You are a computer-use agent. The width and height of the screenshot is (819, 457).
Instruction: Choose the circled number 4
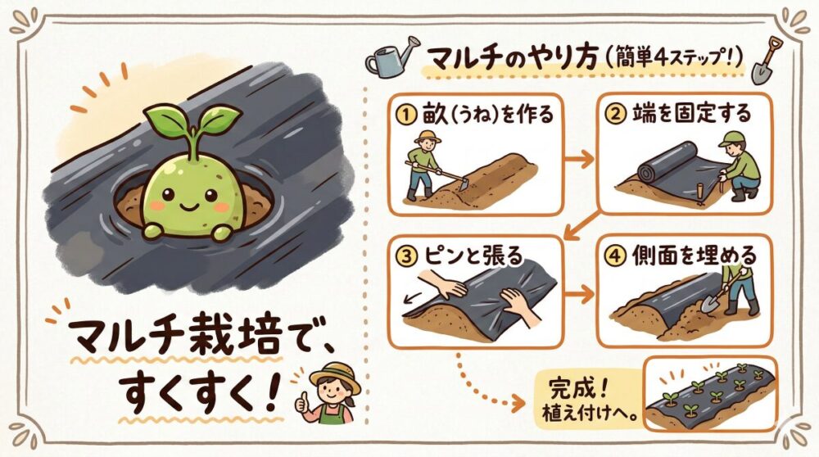(615, 256)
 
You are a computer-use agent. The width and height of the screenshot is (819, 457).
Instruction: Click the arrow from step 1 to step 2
(581, 159)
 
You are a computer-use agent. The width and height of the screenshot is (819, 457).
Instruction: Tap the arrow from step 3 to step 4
(581, 295)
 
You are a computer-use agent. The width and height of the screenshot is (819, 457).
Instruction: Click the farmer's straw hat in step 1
(427, 136)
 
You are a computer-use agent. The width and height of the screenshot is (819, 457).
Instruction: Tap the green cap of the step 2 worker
(731, 138)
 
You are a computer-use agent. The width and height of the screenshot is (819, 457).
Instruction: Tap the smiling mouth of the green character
(188, 206)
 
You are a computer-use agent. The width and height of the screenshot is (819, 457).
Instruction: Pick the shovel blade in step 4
(710, 302)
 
